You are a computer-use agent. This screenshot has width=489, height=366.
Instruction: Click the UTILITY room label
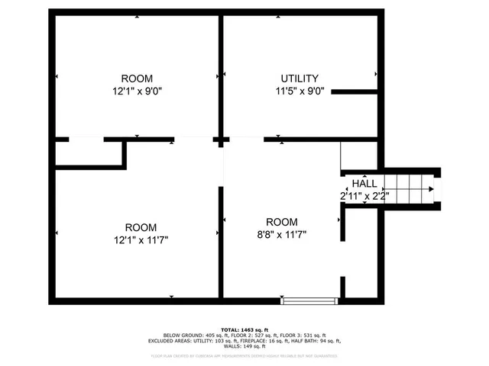[300, 79]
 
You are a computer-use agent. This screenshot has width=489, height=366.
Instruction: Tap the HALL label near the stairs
[364, 184]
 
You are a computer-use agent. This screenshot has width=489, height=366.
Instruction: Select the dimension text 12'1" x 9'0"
[137, 91]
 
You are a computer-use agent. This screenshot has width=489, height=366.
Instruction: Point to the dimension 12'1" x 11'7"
[141, 239]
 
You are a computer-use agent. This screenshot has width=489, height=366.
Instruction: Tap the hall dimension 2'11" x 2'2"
[364, 196]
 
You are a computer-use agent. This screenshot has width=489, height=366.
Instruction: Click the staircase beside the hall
[411, 189]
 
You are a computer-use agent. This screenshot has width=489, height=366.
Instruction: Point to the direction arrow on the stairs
[431, 189]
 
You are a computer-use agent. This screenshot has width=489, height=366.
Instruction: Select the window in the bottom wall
[309, 300]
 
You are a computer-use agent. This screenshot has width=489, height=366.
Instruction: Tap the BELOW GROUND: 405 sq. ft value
[191, 335]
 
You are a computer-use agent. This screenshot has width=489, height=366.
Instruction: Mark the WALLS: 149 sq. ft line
[244, 348]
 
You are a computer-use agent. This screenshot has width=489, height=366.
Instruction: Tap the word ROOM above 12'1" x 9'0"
[137, 79]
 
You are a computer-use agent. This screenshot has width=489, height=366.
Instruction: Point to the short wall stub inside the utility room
[355, 91]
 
